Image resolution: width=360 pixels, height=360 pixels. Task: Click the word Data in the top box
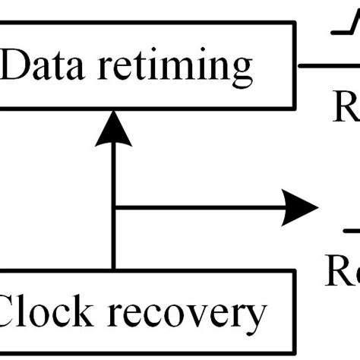[46, 66]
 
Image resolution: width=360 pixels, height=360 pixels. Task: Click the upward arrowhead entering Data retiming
[113, 128]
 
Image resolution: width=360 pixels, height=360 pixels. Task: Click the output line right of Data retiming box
[327, 65]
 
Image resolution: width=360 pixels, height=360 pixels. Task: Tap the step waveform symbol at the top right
[344, 30]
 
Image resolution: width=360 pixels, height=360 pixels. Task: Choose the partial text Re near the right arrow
[343, 271]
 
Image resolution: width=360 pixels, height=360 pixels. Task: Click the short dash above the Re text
[350, 230]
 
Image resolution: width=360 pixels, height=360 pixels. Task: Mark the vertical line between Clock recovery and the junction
[113, 239]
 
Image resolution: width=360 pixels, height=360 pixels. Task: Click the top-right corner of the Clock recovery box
[293, 272]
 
